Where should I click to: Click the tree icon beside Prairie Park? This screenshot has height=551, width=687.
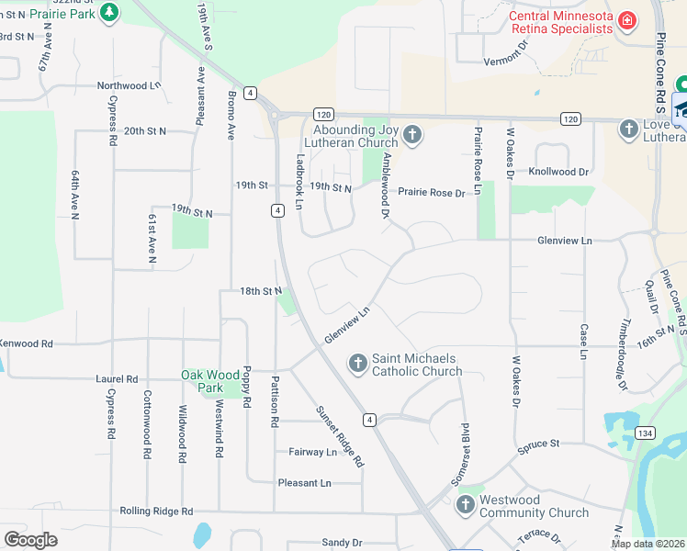pos(110,13)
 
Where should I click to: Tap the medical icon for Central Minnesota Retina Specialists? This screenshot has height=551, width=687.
pos(627,21)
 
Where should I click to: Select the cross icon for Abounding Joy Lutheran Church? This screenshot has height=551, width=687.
pos(411,136)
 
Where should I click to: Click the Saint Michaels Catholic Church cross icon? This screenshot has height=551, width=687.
pos(358,365)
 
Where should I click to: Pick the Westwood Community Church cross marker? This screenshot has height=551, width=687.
pos(466,506)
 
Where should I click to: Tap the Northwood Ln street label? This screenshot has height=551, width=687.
pos(130,85)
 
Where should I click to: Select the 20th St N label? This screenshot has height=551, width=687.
pos(145,131)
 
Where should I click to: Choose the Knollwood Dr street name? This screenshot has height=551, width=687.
pos(557,172)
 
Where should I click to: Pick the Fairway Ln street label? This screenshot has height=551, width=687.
pos(313,452)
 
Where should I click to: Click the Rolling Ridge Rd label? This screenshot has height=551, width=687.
pos(155,511)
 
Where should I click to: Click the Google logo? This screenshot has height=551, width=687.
pos(30,539)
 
